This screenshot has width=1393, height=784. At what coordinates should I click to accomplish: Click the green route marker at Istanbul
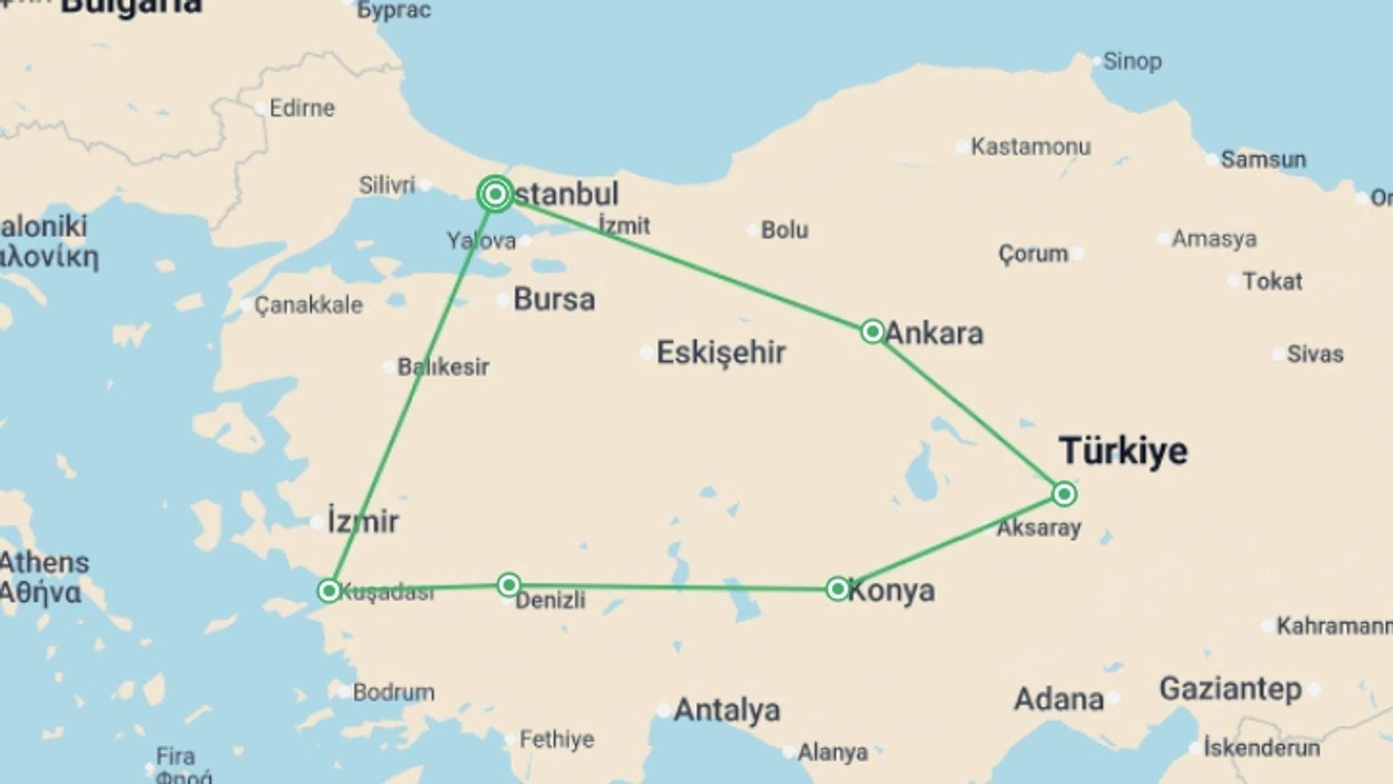pyautogui.click(x=496, y=194)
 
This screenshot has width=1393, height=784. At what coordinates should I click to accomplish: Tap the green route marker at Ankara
pyautogui.click(x=872, y=332)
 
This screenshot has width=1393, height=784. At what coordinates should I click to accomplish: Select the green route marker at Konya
pyautogui.click(x=838, y=589)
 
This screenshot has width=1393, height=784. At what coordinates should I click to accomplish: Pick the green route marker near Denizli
pyautogui.click(x=509, y=585)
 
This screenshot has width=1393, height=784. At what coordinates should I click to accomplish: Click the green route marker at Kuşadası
pyautogui.click(x=329, y=590)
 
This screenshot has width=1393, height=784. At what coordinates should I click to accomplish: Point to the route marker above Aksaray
pyautogui.click(x=1064, y=494)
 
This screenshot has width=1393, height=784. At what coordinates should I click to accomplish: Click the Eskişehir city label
pyautogui.click(x=720, y=353)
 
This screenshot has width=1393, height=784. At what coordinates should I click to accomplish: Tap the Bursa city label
pyautogui.click(x=554, y=299)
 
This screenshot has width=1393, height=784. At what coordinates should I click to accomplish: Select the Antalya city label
pyautogui.click(x=727, y=710)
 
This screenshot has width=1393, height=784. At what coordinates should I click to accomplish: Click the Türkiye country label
pyautogui.click(x=1123, y=451)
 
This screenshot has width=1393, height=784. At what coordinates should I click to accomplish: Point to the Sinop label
pyautogui.click(x=1132, y=62)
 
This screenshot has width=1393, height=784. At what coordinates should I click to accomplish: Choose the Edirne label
pyautogui.click(x=302, y=108)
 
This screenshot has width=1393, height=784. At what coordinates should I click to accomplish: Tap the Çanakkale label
pyautogui.click(x=308, y=305)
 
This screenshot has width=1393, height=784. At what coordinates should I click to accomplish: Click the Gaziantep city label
pyautogui.click(x=1230, y=688)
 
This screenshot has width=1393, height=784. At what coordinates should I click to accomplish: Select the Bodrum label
pyautogui.click(x=393, y=692)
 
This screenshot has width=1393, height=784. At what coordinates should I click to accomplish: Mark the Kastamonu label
pyautogui.click(x=1030, y=147)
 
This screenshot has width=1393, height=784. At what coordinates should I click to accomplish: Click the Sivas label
pyautogui.click(x=1315, y=354)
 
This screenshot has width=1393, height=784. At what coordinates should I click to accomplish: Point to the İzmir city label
pyautogui.click(x=363, y=521)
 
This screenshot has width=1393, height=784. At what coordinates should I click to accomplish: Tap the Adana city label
pyautogui.click(x=1059, y=699)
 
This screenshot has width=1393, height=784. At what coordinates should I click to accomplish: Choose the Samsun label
pyautogui.click(x=1263, y=159)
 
